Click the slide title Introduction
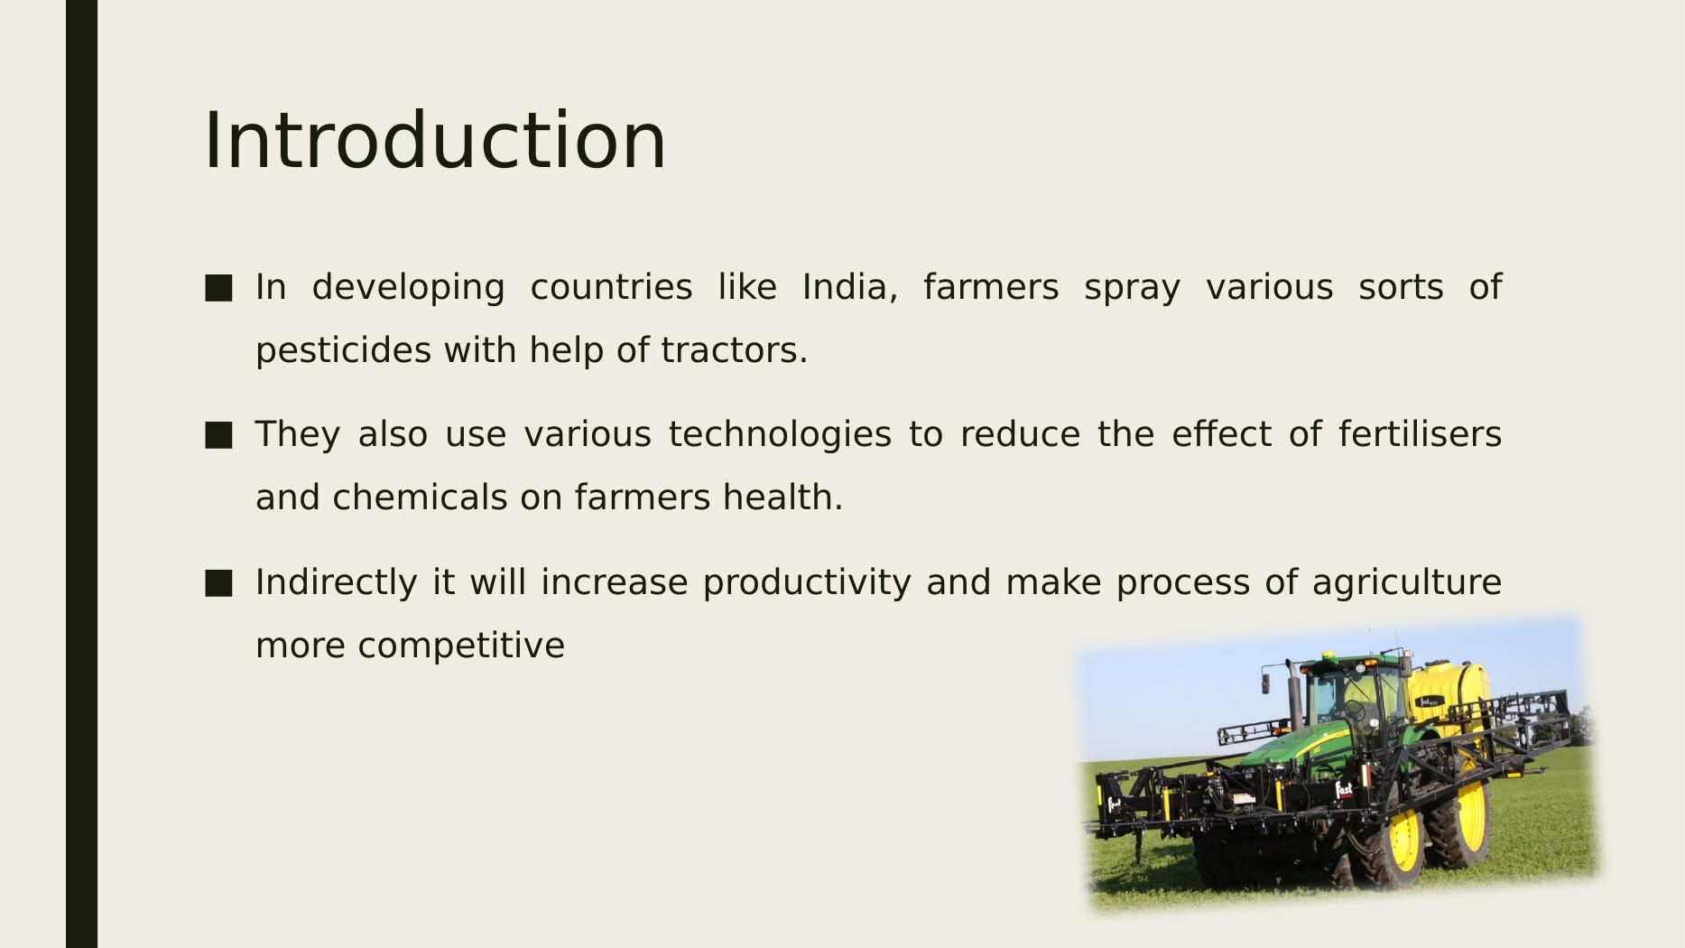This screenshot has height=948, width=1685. (x=435, y=140)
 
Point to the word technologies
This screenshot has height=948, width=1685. (x=780, y=435)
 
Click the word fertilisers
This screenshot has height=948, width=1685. (x=1420, y=434)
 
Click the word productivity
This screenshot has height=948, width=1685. (x=807, y=583)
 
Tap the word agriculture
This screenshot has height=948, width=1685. (x=1407, y=583)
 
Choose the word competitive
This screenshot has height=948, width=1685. (x=461, y=646)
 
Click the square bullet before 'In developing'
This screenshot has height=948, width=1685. (x=218, y=288)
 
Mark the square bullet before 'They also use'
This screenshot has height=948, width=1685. (x=218, y=435)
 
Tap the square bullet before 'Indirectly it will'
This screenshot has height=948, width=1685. (x=218, y=583)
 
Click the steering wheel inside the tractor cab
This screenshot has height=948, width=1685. (x=1355, y=711)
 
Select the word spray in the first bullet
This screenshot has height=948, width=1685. (x=1132, y=288)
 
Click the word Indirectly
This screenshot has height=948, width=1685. (x=337, y=582)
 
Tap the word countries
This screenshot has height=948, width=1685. (x=611, y=287)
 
